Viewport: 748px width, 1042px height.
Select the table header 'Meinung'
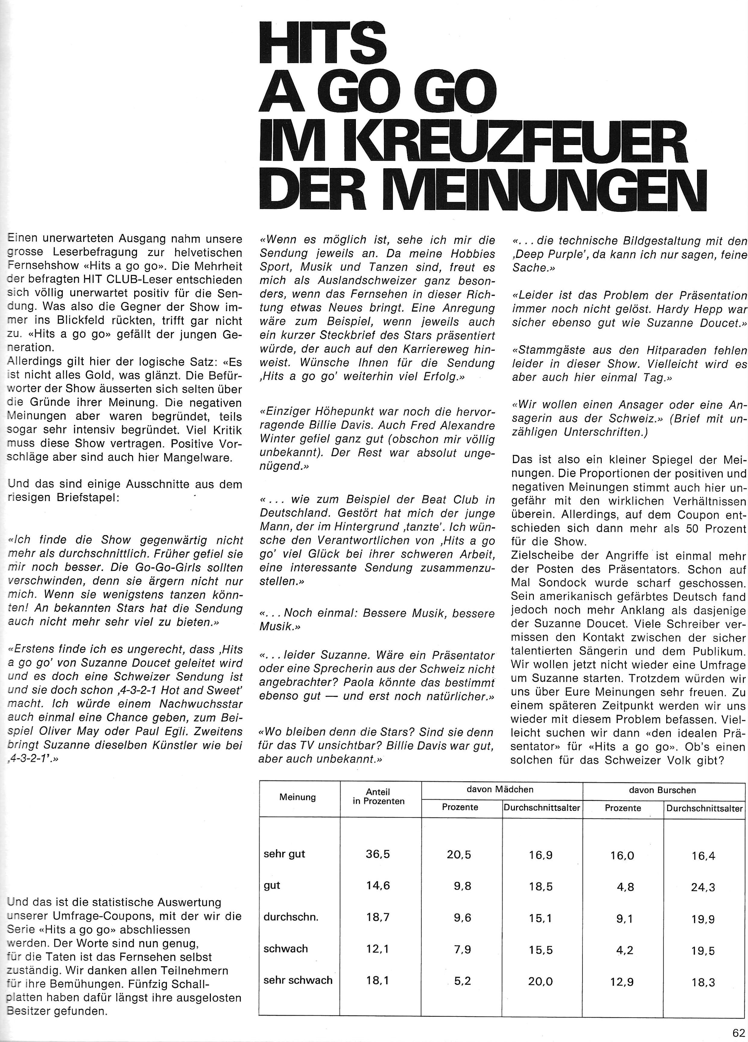297,797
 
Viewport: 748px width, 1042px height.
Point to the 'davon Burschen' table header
663,790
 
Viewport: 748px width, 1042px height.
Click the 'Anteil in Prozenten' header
379,796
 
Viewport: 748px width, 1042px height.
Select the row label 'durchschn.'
291,917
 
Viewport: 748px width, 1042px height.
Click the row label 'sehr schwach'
298,980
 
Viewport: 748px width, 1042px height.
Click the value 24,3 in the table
703,887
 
